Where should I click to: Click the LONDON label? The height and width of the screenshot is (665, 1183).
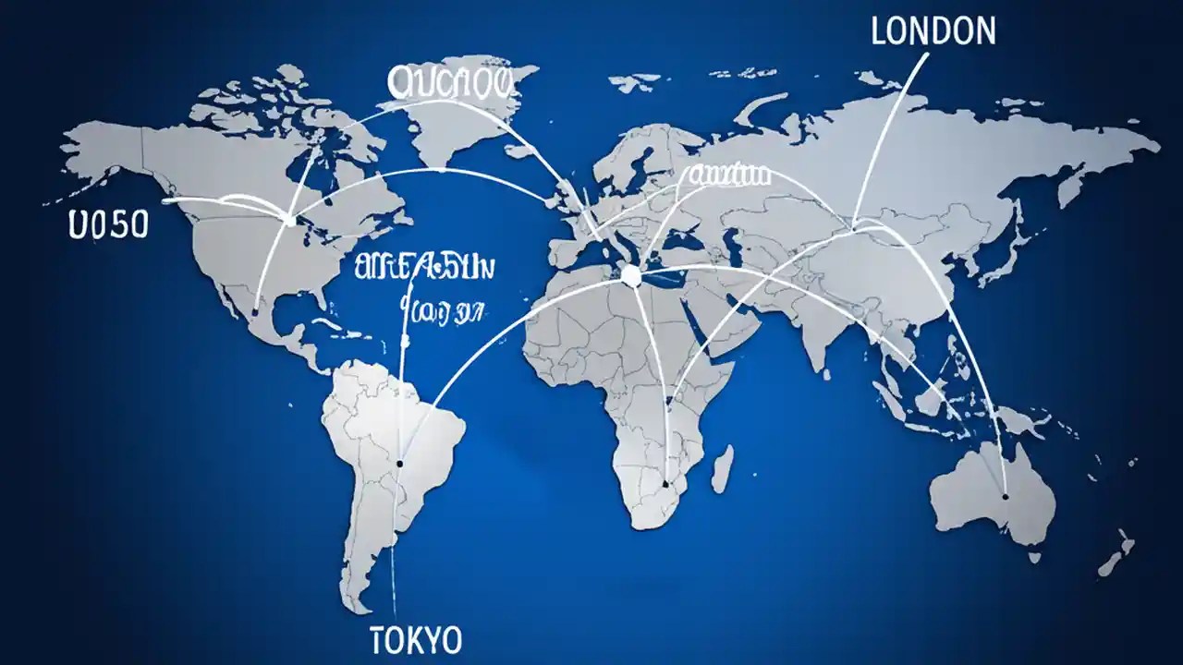click(933, 31)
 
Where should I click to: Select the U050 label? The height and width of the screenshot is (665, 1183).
click(108, 224)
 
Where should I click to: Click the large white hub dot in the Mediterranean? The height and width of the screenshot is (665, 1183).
click(631, 275)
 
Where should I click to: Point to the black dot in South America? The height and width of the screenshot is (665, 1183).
click(399, 464)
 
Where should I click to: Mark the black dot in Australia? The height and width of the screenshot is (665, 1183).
click(1006, 497)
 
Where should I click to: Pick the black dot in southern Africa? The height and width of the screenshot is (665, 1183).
click(665, 483)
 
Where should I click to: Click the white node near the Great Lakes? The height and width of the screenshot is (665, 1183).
click(292, 220)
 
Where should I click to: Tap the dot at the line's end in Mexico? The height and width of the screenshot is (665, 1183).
click(254, 313)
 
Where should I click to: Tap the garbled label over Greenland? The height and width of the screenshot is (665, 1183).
click(450, 82)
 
